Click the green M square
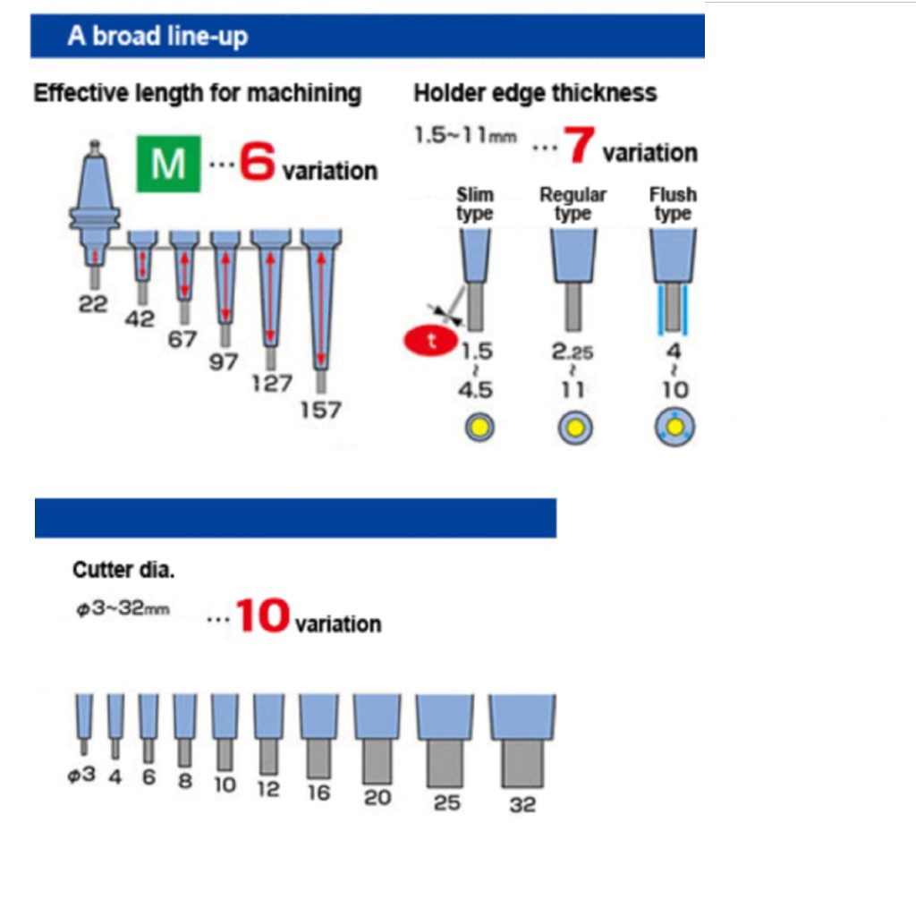pyautogui.click(x=168, y=164)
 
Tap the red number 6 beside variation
pyautogui.click(x=257, y=161)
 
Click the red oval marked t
pyautogui.click(x=430, y=341)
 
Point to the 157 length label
pyautogui.click(x=320, y=410)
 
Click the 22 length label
pyautogui.click(x=93, y=304)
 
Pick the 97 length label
pyautogui.click(x=223, y=361)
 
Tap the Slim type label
pyautogui.click(x=475, y=203)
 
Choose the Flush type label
pyautogui.click(x=673, y=203)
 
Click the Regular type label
pyautogui.click(x=572, y=203)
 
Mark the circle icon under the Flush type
pyautogui.click(x=674, y=428)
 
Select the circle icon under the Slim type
pyautogui.click(x=479, y=427)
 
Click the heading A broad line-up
pyautogui.click(x=157, y=36)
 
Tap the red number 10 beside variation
pyautogui.click(x=262, y=615)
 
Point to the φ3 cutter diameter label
pyautogui.click(x=81, y=775)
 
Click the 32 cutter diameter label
pyautogui.click(x=522, y=804)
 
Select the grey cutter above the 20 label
pyautogui.click(x=377, y=760)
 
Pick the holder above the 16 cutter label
pyautogui.click(x=318, y=717)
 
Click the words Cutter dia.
pyautogui.click(x=123, y=570)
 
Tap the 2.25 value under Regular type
pyautogui.click(x=572, y=352)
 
